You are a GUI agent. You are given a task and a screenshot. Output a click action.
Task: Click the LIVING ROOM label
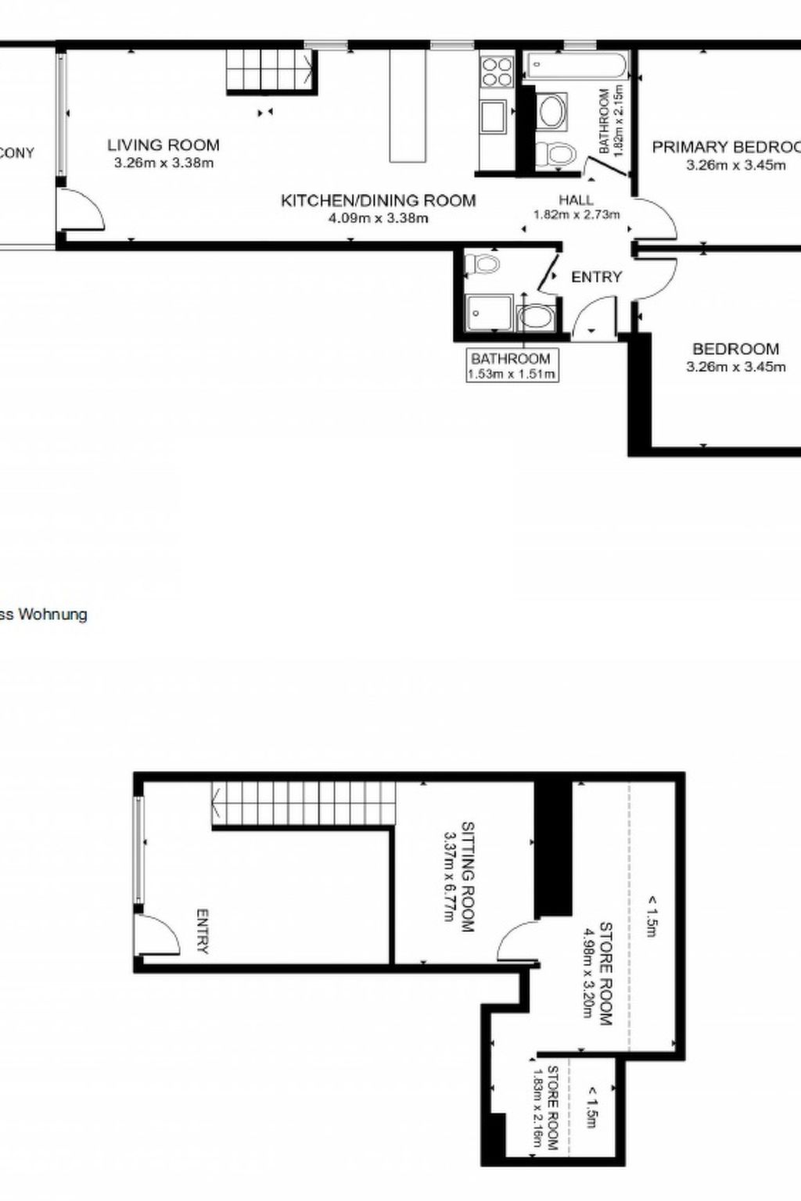pos(163,145)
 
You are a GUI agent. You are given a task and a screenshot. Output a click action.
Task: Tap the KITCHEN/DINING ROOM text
pos(378,200)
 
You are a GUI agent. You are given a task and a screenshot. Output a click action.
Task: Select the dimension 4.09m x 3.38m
pos(378,218)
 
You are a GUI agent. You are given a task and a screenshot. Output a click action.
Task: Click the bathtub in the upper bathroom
pos(577,66)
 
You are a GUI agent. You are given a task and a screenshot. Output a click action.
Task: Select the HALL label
pos(576,200)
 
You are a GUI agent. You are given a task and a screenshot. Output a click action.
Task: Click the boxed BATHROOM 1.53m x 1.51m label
pos(511,365)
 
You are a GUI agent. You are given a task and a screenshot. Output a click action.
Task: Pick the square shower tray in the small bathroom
pos(488,316)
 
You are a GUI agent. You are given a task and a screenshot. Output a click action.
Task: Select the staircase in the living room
pos(270,70)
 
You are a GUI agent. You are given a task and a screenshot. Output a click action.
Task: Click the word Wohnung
pos(52,615)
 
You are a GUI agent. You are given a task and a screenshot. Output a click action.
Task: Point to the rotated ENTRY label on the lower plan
pos(203,930)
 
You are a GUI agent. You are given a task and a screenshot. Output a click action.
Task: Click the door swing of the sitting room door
pos(515,940)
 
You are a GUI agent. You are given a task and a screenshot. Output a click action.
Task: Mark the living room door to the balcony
pos(81,209)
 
